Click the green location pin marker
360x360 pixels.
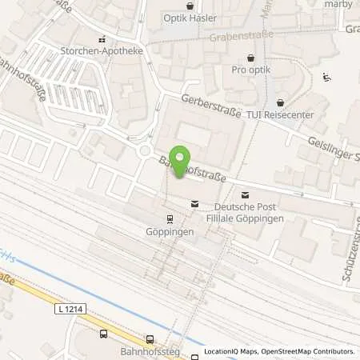pyautogui.click(x=182, y=158)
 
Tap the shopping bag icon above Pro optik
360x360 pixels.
pyautogui.click(x=253, y=58)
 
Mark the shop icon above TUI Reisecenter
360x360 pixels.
pyautogui.click(x=280, y=102)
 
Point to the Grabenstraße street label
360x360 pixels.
pyautogui.click(x=241, y=36)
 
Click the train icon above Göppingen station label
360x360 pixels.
pyautogui.click(x=169, y=218)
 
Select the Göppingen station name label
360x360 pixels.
pyautogui.click(x=169, y=230)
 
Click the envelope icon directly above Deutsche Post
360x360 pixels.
pyautogui.click(x=245, y=194)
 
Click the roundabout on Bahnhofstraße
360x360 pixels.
pyautogui.click(x=146, y=149)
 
